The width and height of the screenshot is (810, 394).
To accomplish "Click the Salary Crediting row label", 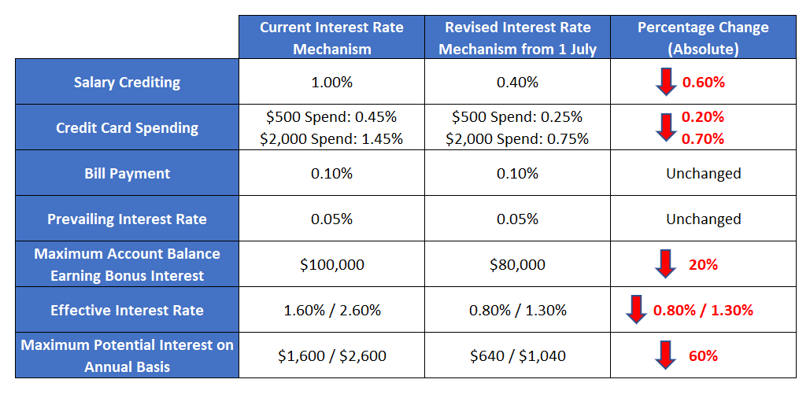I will coord(127,82).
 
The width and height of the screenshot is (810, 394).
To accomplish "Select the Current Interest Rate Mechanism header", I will coord(331,38).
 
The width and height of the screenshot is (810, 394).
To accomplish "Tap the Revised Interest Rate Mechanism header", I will coord(517,38).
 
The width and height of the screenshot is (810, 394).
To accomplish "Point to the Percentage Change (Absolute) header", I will coord(703,38).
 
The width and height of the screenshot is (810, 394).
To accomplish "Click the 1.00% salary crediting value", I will coord(331,82).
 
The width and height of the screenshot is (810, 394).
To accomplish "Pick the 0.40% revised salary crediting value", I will coord(517,82).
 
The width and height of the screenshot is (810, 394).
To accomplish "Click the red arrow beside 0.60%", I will coord(666,82).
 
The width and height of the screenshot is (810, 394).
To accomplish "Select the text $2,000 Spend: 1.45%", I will coord(331,138).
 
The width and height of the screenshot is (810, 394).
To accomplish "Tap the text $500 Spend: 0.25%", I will coord(517,116).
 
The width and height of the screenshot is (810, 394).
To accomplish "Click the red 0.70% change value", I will coord(703,139).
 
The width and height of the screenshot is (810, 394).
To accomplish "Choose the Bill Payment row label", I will coord(127,173).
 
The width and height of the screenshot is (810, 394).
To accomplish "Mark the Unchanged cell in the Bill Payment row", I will coord(703,173).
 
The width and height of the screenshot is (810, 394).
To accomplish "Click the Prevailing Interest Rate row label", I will coord(127,219).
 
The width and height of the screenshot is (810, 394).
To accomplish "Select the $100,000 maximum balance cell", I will coord(331,264).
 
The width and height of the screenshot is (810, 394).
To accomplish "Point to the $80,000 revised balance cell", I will coord(517,264).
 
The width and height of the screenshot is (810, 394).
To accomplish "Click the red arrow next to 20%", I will coord(666,264).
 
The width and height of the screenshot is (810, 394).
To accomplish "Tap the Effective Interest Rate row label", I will coord(127,310).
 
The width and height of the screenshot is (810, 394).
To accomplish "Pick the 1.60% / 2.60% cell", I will coord(331,310).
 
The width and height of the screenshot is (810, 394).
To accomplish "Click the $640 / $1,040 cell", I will coord(517,355).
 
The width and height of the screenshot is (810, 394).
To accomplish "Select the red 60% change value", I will coord(703,355).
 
